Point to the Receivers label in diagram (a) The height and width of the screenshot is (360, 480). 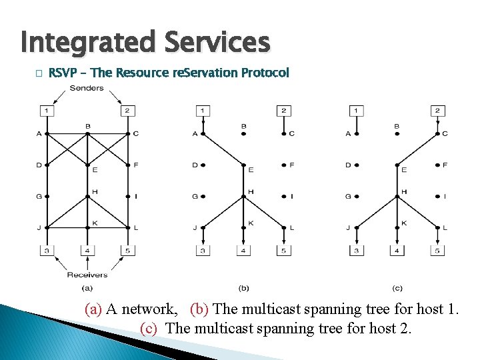click(87, 274)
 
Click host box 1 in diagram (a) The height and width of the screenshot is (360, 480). click(47, 110)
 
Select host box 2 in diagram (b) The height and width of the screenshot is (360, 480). click(283, 110)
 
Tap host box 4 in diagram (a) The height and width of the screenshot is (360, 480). click(87, 251)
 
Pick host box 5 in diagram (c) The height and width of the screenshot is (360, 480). click(437, 251)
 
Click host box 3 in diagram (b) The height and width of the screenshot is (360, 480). click(202, 251)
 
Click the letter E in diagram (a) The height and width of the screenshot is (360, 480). click(95, 170)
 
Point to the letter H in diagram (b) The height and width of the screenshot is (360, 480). click(251, 191)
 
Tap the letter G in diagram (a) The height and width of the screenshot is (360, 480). click(39, 196)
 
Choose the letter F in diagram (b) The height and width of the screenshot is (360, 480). click(292, 164)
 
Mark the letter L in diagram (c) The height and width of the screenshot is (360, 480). click(445, 228)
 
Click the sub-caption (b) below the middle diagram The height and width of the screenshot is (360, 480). click(243, 288)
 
